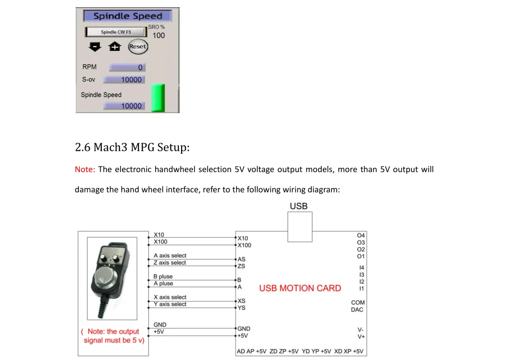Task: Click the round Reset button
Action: click(x=138, y=47)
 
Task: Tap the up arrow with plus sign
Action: click(x=114, y=47)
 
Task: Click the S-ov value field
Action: click(x=124, y=80)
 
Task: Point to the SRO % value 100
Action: click(x=159, y=35)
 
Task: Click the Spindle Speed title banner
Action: click(x=128, y=16)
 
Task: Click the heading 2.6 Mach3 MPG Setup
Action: click(x=132, y=147)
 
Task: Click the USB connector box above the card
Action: click(x=299, y=227)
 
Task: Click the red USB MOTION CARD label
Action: click(x=300, y=288)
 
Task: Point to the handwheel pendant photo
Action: click(x=115, y=280)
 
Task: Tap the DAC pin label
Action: click(x=357, y=310)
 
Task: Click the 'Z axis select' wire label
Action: click(x=170, y=263)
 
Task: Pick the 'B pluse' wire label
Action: click(x=163, y=276)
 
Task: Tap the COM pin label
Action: click(x=358, y=302)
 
